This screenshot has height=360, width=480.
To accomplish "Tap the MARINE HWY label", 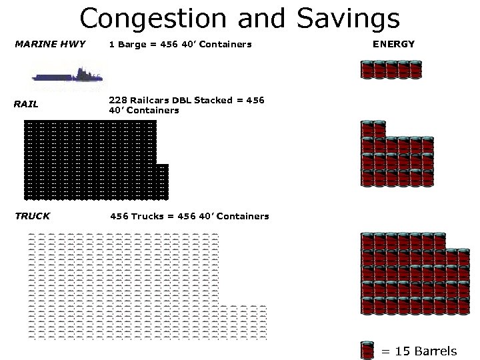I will tap(50, 44).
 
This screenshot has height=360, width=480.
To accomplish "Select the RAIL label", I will tap(26, 104).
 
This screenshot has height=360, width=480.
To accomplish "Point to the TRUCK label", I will tap(32, 216).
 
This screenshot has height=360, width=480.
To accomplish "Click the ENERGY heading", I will tap(393, 44).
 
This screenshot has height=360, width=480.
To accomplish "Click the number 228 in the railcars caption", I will tap(118, 101).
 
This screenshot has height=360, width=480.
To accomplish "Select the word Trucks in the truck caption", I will tap(145, 216).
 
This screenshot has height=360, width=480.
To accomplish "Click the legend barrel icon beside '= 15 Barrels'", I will tap(367, 351).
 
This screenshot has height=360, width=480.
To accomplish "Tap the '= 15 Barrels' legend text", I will tap(419, 351).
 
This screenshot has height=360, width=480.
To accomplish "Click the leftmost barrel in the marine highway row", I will tap(366, 69).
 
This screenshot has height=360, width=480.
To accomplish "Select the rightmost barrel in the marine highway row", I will tap(415, 69).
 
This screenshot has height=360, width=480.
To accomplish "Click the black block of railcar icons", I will tap(90, 160).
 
